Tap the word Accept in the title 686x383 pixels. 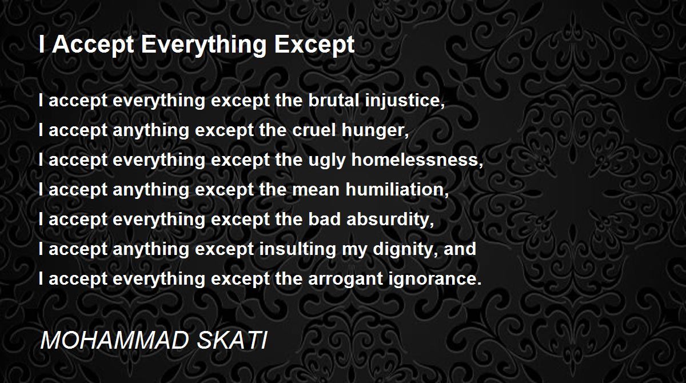point(93,45)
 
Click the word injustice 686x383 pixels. point(405,101)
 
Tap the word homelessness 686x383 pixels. point(417,160)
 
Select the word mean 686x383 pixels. point(316,190)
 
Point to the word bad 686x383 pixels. point(324,219)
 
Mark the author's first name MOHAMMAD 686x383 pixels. point(114,340)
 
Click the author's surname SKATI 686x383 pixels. point(232,340)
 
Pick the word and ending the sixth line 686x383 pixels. point(460,249)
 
